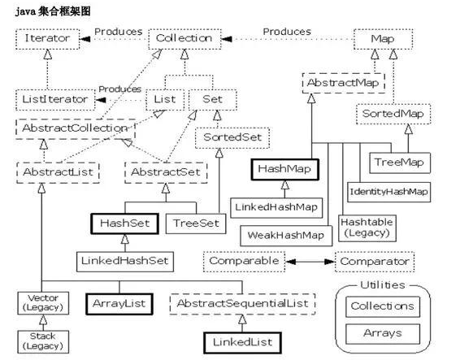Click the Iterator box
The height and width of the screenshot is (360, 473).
pos(46,37)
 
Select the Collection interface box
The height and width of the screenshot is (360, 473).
pos(184,37)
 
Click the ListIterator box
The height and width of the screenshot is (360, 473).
pos(52,98)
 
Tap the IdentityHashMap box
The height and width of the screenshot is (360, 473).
pos(388,192)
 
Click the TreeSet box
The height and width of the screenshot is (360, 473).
pos(194,221)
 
